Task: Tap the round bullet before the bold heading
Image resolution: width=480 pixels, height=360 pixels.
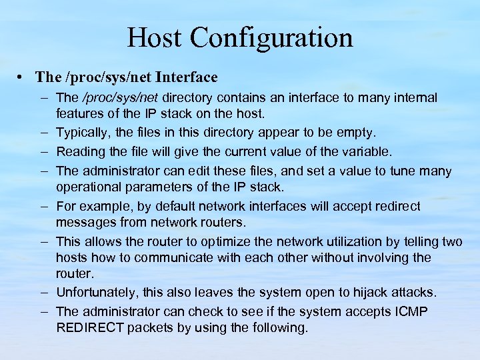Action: [23, 78]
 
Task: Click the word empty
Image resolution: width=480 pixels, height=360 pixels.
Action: [358, 133]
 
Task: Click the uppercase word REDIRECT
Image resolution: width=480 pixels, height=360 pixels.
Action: [89, 327]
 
